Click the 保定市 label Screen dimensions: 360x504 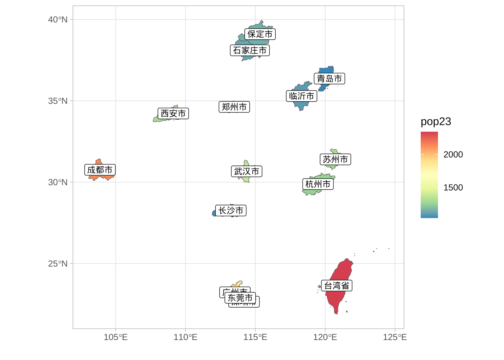click(x=260, y=34)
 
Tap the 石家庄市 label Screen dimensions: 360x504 click(x=250, y=50)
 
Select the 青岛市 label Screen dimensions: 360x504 click(x=329, y=79)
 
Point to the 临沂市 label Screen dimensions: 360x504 click(x=301, y=96)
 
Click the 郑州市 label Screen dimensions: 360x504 click(x=234, y=107)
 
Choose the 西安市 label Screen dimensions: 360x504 click(x=173, y=113)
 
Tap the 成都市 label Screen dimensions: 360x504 click(x=100, y=170)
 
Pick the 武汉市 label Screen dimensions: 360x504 click(x=246, y=171)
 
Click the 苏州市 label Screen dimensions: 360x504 click(x=335, y=159)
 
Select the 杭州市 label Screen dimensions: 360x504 click(x=318, y=184)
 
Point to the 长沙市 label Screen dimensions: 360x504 click(x=231, y=211)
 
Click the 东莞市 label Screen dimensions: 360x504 click(x=240, y=298)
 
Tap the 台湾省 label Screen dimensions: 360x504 click(x=336, y=286)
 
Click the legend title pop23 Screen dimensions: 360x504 click(x=436, y=121)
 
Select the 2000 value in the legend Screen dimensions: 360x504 click(x=453, y=154)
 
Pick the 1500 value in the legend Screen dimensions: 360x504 click(x=453, y=187)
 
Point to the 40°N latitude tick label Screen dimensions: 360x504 click(x=58, y=19)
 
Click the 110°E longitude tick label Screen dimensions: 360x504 click(x=185, y=337)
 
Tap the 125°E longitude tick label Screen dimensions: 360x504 click(x=394, y=337)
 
